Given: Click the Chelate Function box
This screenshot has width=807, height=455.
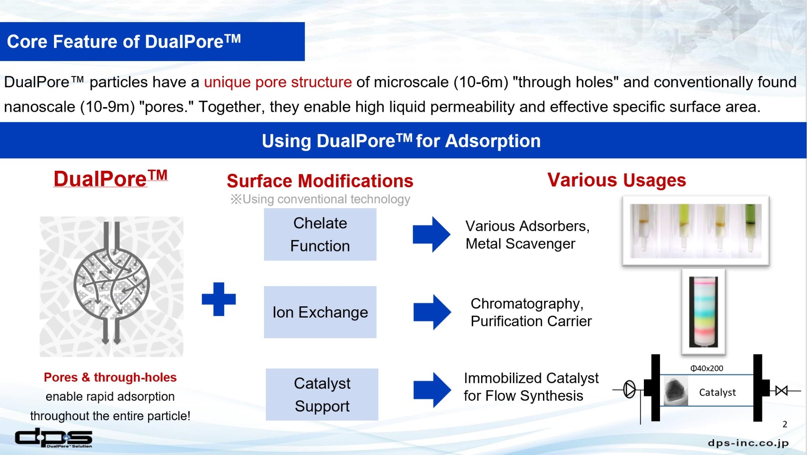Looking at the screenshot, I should tap(320, 235).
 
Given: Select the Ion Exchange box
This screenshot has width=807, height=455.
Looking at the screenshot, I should tap(320, 312).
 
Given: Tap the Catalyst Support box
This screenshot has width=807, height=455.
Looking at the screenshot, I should tap(322, 394).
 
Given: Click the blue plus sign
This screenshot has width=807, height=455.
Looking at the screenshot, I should tap(219, 299).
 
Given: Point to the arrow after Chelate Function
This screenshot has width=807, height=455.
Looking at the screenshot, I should tap(431, 234).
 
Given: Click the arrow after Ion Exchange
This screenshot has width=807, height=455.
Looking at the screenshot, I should tap(432, 312).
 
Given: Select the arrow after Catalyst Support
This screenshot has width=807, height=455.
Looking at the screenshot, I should tap(432, 390).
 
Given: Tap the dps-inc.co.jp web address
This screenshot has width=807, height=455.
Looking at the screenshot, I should tap(748, 443).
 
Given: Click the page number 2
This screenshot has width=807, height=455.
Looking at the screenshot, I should tap(785, 424).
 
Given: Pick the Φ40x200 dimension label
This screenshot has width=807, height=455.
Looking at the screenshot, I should tap(707, 368).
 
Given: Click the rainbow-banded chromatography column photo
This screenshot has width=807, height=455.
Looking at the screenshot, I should tap(703, 312).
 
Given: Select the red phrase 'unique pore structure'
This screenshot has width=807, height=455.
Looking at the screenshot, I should tap(278, 82).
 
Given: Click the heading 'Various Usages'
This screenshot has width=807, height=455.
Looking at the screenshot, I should tap(616, 180).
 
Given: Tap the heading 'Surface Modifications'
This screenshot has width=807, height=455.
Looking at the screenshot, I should tap(320, 181).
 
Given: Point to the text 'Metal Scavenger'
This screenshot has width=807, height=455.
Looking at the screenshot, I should tap(520, 244).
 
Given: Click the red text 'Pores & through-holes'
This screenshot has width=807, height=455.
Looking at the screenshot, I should tap(110, 377).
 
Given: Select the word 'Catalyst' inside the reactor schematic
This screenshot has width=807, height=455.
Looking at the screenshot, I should tap(717, 392).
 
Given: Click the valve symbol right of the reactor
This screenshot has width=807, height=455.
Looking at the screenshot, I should tap(781, 390).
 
